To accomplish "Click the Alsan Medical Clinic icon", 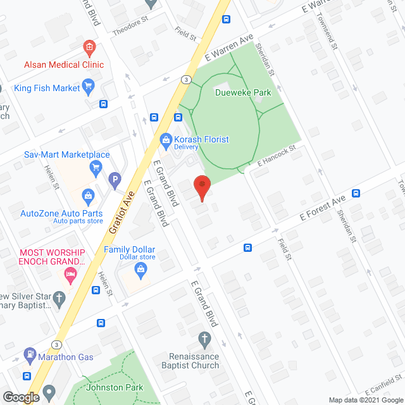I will tap(89, 47).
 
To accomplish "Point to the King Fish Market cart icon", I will tap(89, 87).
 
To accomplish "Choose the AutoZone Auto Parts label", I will tap(62, 214).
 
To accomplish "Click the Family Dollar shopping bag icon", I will tap(140, 270).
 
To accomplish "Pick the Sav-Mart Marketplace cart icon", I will tap(96, 167).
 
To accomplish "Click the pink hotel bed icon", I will tap(70, 274).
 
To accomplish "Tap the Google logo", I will tap(20, 397).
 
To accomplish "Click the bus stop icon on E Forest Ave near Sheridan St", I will tap(356, 193).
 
